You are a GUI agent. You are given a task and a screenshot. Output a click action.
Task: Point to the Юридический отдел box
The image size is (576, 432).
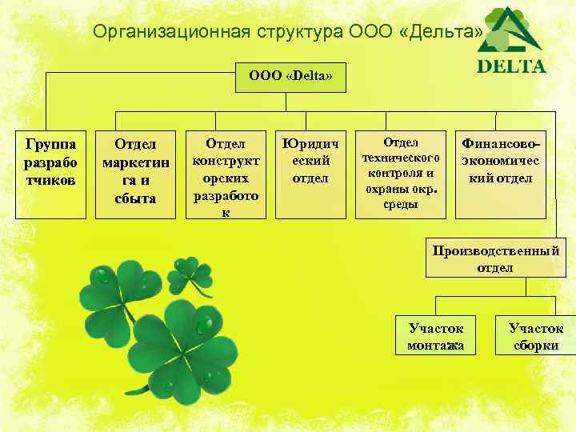[x=310, y=172]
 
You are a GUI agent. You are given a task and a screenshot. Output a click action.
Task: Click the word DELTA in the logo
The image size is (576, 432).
[x=511, y=66]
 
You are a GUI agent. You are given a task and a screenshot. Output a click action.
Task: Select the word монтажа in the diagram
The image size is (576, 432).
[x=434, y=346]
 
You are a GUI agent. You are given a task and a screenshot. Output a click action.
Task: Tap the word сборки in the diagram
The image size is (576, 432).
[x=535, y=346]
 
